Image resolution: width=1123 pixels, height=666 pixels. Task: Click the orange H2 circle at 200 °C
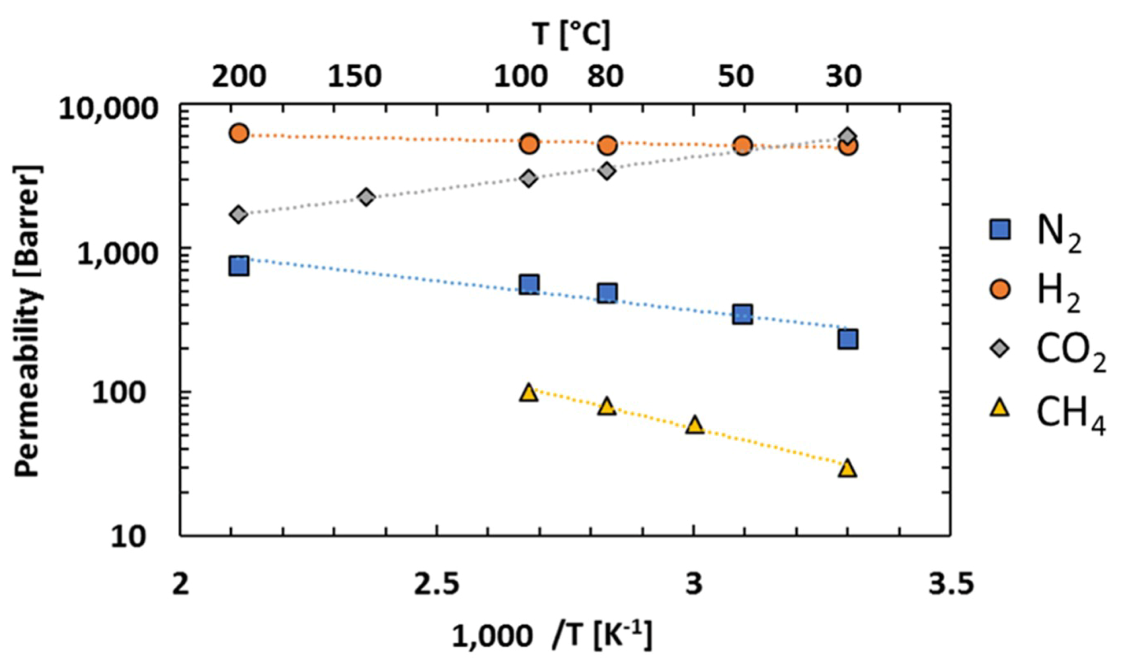click(239, 134)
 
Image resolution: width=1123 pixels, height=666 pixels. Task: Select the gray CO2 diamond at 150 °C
click(366, 197)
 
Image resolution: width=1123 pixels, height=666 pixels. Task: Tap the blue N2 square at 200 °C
click(239, 266)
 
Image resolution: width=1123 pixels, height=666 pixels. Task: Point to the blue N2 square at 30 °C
click(848, 339)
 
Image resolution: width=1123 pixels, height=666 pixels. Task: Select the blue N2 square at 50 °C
click(743, 314)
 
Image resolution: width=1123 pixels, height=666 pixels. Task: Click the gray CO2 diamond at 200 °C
click(239, 214)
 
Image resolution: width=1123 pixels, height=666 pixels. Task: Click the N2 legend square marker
click(1000, 230)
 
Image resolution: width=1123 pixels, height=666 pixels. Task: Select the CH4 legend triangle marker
click(1000, 409)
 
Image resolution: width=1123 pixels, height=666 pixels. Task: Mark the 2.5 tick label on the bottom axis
click(437, 584)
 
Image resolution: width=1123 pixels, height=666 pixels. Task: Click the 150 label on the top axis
click(354, 77)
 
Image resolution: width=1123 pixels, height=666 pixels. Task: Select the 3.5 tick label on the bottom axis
click(951, 584)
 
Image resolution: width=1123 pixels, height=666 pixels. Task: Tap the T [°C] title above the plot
click(571, 34)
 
